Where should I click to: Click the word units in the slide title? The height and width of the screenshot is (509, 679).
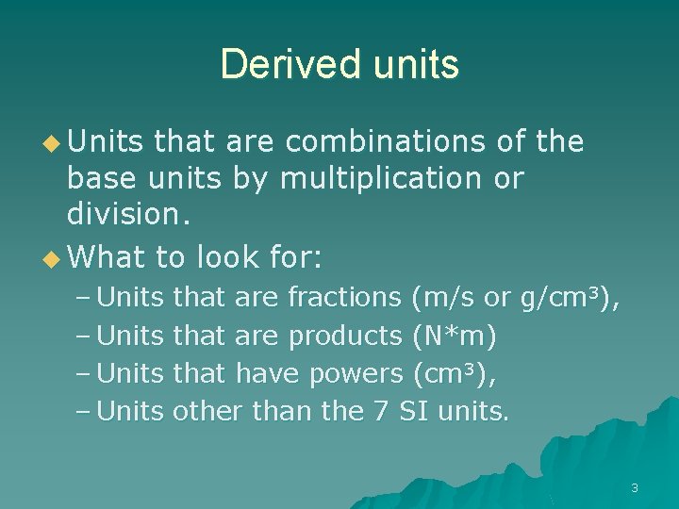point(409,64)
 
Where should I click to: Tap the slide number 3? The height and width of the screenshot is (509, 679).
point(635,487)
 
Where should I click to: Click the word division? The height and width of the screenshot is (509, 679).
point(128,215)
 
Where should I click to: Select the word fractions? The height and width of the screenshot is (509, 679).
point(344,298)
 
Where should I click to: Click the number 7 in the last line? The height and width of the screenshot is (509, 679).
point(380,411)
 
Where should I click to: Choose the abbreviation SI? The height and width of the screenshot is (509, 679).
point(413,411)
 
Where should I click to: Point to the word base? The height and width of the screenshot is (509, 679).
point(100,178)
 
